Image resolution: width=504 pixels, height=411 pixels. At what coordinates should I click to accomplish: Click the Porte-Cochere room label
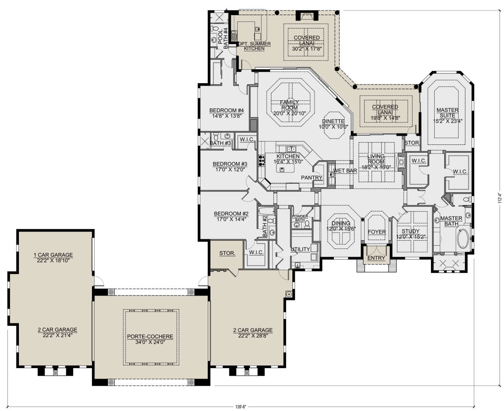tap(150, 337)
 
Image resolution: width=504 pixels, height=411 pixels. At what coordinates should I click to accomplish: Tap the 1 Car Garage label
tap(53, 255)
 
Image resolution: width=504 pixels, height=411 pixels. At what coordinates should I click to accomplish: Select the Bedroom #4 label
tap(226, 110)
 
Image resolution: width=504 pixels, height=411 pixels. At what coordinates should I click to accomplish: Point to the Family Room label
tap(289, 105)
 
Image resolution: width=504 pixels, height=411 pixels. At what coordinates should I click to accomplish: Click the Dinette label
tap(333, 121)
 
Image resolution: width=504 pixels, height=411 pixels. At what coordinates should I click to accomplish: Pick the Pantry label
tap(312, 178)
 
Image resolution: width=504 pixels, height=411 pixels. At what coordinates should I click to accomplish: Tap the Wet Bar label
tap(345, 170)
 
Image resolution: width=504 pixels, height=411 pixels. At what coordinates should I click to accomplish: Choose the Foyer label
tap(377, 232)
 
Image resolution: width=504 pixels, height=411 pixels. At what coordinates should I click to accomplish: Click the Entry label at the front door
tap(376, 258)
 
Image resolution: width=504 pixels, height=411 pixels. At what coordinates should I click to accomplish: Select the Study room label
tap(411, 231)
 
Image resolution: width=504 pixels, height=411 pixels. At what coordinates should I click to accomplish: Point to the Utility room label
tap(300, 249)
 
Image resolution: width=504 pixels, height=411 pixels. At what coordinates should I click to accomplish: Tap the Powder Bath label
tap(300, 218)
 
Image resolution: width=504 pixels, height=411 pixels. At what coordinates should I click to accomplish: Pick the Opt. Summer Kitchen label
tap(254, 46)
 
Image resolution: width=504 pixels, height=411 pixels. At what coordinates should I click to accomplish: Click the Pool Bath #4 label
tap(223, 38)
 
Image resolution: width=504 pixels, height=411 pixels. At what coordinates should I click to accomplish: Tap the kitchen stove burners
tap(261, 160)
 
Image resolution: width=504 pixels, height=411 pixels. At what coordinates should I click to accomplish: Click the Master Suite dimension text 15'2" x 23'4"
tap(448, 121)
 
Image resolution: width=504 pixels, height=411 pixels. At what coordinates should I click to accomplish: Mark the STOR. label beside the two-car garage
tap(227, 253)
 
